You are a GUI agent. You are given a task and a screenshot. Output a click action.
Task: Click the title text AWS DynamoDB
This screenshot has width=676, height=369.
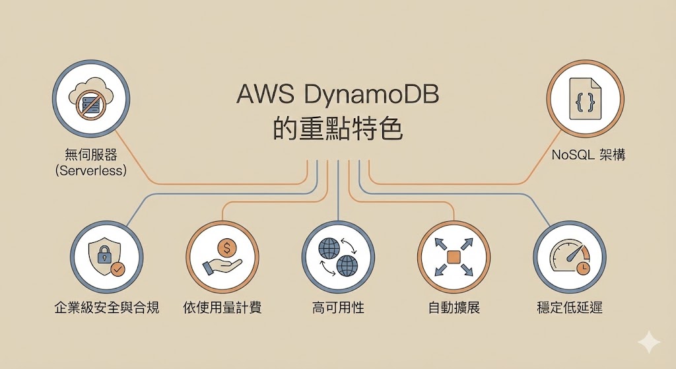(337, 96)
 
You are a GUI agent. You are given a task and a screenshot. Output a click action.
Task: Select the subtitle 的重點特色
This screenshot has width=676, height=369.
(337, 128)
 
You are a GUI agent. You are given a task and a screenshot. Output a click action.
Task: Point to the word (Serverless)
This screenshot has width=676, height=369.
(91, 170)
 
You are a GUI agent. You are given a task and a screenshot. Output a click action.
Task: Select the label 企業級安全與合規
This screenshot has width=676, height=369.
(106, 308)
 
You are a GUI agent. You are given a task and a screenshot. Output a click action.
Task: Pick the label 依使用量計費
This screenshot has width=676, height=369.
(222, 308)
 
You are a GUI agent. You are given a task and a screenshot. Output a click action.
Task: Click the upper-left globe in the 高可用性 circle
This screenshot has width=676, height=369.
(328, 248)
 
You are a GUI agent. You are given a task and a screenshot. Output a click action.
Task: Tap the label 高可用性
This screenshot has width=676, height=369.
(338, 308)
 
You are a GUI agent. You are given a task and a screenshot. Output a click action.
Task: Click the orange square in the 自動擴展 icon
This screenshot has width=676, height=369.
(454, 257)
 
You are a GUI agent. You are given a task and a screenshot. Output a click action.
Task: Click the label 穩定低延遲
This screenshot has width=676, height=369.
(569, 308)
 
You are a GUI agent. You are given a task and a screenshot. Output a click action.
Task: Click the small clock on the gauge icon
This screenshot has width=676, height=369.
(583, 267)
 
